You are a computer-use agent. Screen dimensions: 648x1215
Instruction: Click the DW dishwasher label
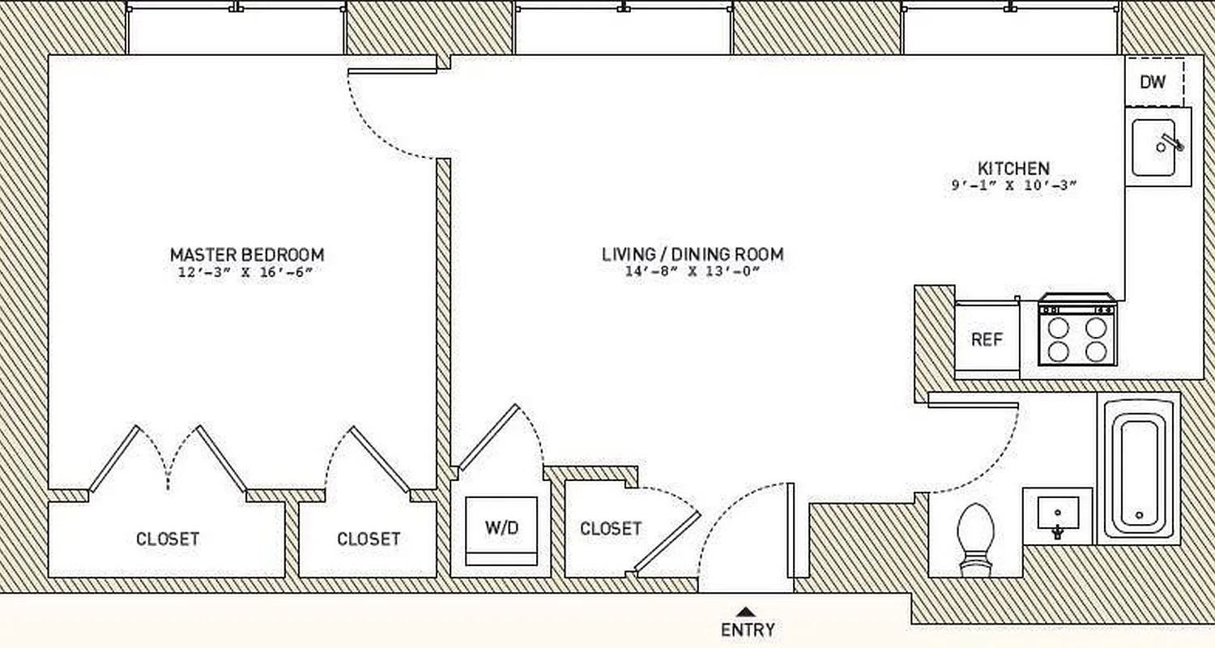1152,82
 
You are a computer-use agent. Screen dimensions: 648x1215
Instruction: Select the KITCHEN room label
1013,168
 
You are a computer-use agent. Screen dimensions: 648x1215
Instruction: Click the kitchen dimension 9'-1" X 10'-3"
1013,185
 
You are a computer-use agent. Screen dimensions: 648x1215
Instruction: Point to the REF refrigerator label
987,339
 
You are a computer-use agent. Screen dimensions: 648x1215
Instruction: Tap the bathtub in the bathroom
1138,469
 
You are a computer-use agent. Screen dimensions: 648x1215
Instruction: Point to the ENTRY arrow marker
747,612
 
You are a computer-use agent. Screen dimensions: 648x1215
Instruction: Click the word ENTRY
747,629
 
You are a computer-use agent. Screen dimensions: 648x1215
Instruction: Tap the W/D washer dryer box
501,529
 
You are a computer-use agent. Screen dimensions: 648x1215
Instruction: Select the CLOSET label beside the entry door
611,529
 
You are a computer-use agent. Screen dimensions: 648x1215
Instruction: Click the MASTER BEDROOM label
246,254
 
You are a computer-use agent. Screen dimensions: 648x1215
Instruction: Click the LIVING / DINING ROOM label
693,254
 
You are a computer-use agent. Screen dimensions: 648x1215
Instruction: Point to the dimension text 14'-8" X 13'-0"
693,272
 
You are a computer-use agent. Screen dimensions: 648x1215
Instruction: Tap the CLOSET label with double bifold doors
168,539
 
